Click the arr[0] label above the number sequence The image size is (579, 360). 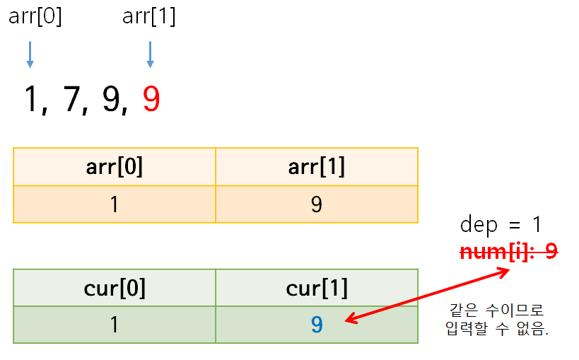click(x=35, y=16)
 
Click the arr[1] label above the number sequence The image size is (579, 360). click(x=148, y=16)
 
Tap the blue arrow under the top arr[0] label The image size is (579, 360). click(x=30, y=54)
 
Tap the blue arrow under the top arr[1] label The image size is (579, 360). click(x=150, y=54)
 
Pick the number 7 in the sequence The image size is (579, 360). click(x=73, y=100)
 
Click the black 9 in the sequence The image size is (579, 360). click(x=112, y=100)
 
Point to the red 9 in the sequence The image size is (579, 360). click(x=151, y=100)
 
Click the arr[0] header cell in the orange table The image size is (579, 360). click(x=115, y=166)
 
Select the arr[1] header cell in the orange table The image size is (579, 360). click(x=317, y=166)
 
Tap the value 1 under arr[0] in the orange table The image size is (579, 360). click(x=115, y=204)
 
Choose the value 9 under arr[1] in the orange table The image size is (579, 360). click(x=317, y=204)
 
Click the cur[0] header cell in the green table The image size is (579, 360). click(x=115, y=288)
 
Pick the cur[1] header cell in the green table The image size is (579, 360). click(x=317, y=288)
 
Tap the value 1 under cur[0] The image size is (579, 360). click(x=115, y=325)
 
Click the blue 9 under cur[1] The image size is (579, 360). click(x=317, y=325)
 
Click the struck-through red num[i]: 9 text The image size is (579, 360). click(x=508, y=250)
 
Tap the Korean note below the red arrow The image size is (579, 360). click(x=499, y=320)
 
